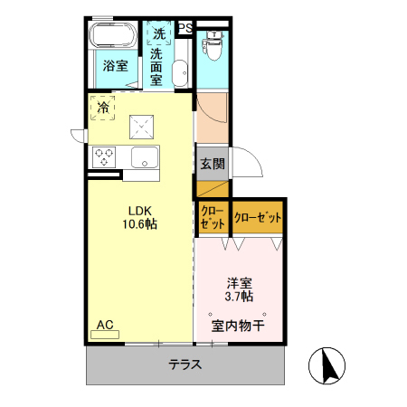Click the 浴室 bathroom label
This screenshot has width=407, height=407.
tap(114, 66)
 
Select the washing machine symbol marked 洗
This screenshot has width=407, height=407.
tap(159, 33)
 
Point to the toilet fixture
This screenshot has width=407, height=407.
tap(213, 47)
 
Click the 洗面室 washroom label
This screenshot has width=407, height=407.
tap(157, 68)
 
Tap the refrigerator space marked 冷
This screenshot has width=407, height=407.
tap(103, 109)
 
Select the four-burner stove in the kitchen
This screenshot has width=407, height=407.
tap(103, 156)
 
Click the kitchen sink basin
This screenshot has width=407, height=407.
tap(145, 157)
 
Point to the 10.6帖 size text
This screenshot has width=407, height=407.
tap(140, 223)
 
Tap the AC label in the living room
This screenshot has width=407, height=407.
tap(104, 323)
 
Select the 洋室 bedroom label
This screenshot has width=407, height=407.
tap(239, 280)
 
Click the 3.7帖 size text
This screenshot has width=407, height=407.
tap(239, 296)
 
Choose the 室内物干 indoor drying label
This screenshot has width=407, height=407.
tap(238, 326)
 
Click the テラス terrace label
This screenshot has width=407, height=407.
tap(184, 365)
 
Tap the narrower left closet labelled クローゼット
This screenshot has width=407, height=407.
tap(213, 218)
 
